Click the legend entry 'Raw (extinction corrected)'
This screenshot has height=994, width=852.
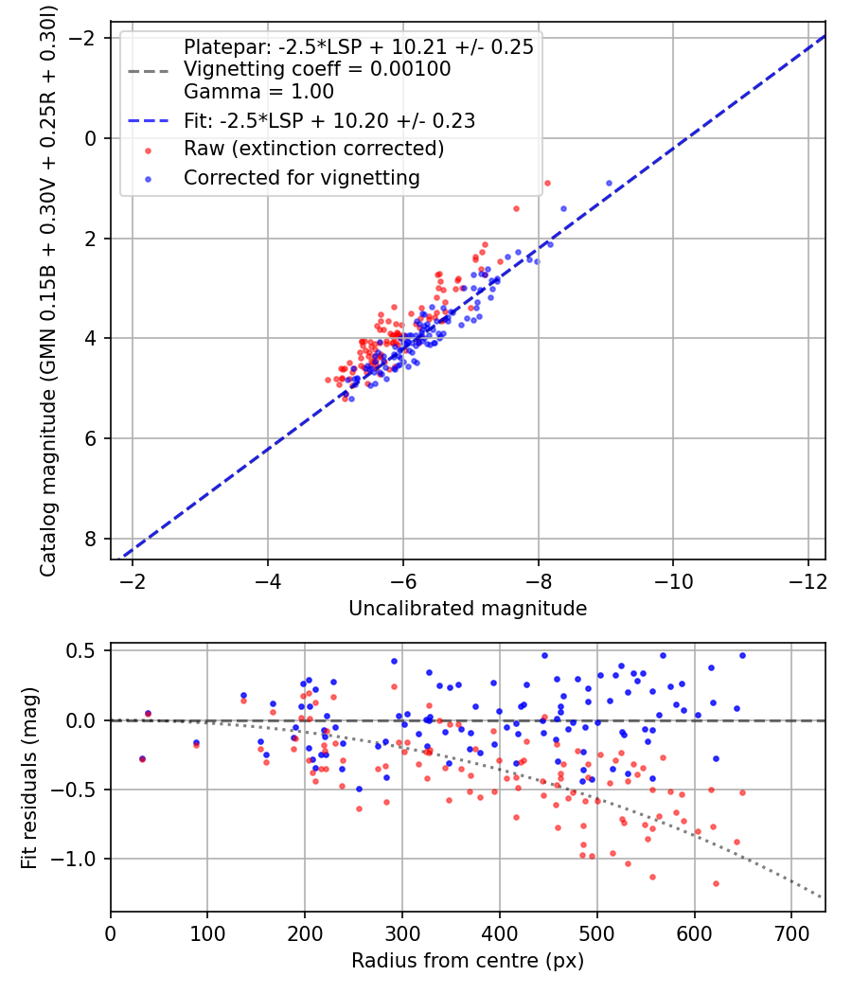[313, 149]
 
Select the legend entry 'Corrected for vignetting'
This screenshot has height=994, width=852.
[302, 177]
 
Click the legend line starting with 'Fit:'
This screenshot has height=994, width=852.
[329, 120]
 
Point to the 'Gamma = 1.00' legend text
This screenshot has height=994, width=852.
[258, 92]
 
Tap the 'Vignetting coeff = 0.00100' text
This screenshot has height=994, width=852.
[317, 69]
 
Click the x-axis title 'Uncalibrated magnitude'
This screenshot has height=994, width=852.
[468, 609]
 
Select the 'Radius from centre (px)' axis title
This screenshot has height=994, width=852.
[468, 961]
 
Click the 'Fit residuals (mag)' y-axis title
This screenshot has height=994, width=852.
[29, 777]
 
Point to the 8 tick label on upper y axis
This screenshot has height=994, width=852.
[91, 539]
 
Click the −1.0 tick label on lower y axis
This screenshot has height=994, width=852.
[81, 859]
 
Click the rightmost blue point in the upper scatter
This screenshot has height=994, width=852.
[609, 184]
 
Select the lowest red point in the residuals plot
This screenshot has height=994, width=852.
[716, 883]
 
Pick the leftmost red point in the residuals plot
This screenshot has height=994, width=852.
[142, 759]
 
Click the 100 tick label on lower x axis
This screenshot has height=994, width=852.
[207, 932]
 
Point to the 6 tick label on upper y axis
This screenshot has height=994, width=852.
[91, 438]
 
